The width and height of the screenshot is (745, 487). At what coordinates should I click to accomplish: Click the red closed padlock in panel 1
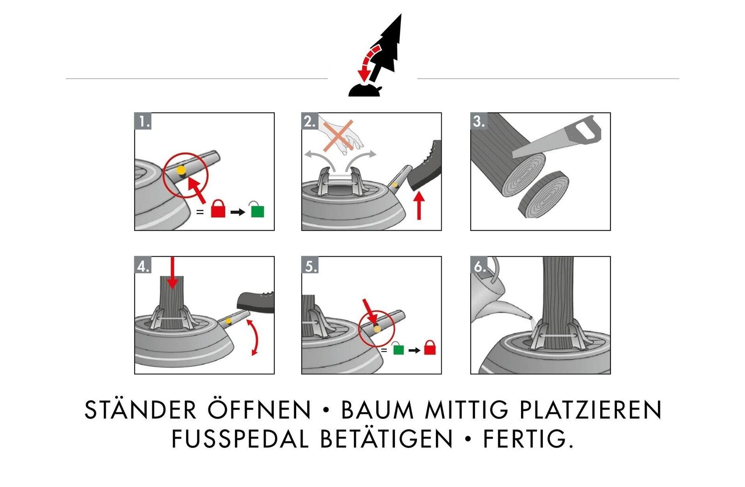218,209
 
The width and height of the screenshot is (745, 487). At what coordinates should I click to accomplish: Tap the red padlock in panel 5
430,347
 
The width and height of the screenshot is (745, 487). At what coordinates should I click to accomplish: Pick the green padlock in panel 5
398,348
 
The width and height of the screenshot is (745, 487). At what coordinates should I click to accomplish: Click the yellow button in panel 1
181,170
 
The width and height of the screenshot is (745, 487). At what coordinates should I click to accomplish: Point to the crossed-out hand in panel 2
340,136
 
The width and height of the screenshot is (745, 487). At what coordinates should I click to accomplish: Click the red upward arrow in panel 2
420,206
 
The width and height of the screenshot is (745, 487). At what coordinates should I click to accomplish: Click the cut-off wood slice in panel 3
543,194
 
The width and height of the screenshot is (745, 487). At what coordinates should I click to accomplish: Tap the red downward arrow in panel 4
172,272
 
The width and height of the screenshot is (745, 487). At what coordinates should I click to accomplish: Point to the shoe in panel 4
255,302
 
